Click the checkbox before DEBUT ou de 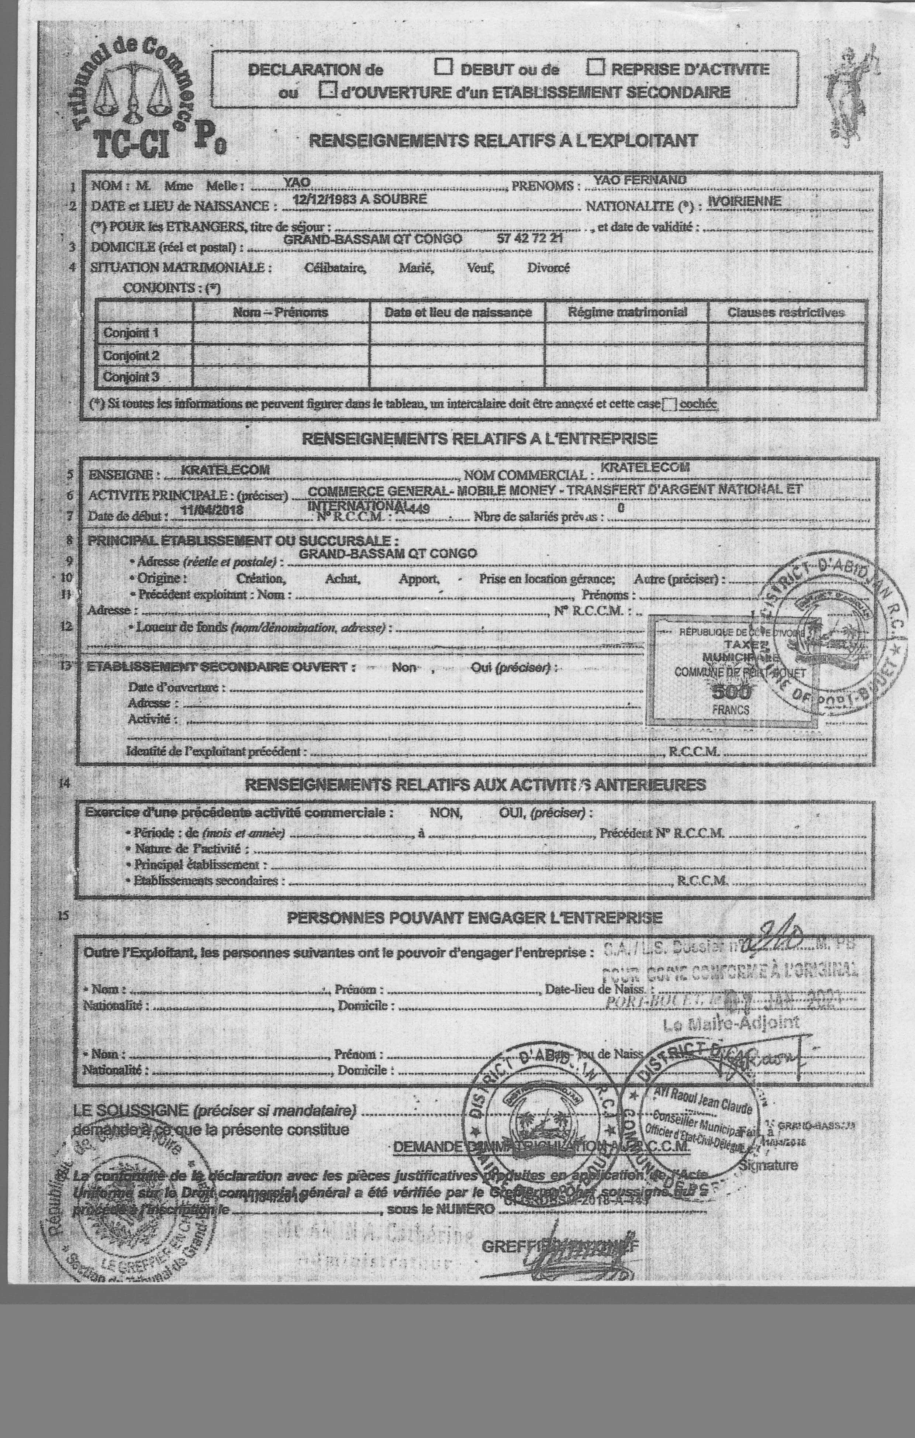443,68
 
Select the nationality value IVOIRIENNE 743,201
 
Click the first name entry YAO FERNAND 639,179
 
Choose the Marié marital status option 416,268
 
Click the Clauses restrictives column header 785,312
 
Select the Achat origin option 342,579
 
